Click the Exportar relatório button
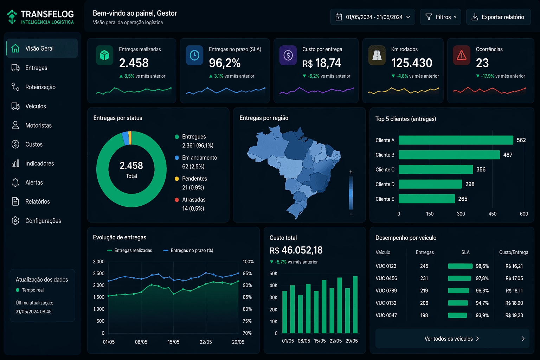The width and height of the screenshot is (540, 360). [x=498, y=17]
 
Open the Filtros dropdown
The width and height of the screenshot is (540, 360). [x=441, y=17]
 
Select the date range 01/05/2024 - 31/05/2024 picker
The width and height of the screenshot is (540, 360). [x=372, y=17]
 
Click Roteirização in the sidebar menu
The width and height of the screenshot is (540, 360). [x=40, y=87]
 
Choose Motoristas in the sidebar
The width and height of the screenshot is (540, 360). [x=38, y=126]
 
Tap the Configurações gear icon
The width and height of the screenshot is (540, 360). [x=15, y=221]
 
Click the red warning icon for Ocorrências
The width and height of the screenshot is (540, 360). [x=461, y=56]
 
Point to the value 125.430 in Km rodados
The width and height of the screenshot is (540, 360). [x=412, y=63]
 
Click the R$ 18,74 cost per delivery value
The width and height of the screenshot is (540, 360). [x=322, y=63]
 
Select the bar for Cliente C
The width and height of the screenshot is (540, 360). [x=436, y=169]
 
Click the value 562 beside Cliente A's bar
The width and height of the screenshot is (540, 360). [x=521, y=140]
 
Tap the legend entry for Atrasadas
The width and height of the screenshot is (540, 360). [x=194, y=200]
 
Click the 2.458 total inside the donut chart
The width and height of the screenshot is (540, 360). [x=131, y=166]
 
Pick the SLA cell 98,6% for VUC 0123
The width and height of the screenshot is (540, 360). [x=482, y=266]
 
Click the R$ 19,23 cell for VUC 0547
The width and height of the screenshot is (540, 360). [x=514, y=315]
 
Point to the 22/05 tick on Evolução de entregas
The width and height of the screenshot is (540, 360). [x=206, y=342]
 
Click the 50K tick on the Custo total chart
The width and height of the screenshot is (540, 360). [x=273, y=274]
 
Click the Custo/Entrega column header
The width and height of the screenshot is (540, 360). [x=513, y=252]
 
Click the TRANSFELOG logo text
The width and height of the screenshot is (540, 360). [x=47, y=14]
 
